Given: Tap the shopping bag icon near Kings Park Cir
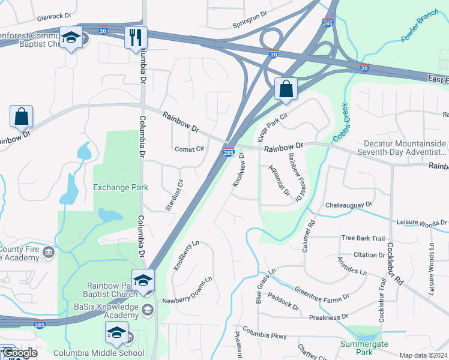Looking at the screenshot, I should [x=286, y=89].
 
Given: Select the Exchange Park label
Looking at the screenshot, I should [x=121, y=187].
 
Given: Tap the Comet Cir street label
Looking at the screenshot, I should [x=190, y=149].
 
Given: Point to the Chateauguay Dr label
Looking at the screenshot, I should [x=349, y=205].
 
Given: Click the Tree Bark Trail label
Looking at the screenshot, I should [x=363, y=238].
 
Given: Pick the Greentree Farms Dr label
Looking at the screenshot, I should [x=322, y=293].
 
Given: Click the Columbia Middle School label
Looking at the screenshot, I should [x=98, y=353].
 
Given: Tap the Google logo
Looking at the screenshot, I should [x=20, y=353].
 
